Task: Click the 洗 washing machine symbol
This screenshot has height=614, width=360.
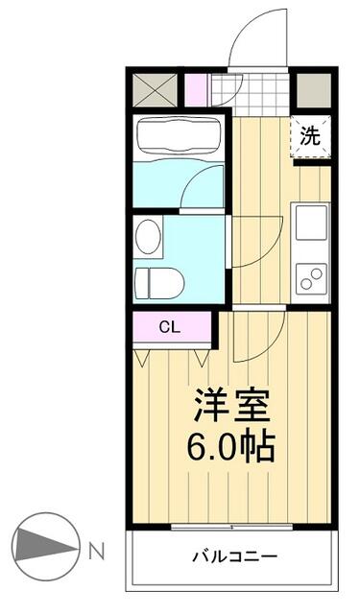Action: tap(310, 136)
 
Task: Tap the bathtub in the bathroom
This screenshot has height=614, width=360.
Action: tap(178, 136)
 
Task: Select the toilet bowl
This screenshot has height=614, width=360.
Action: tap(159, 281)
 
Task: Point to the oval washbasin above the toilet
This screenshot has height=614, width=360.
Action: tap(148, 237)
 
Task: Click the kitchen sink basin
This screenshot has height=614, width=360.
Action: tap(312, 224)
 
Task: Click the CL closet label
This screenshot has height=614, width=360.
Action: tap(169, 327)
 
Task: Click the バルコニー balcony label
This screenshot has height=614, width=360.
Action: tap(233, 556)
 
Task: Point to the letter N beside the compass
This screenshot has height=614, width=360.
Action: tap(97, 551)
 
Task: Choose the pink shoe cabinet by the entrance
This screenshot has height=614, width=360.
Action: tap(196, 89)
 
